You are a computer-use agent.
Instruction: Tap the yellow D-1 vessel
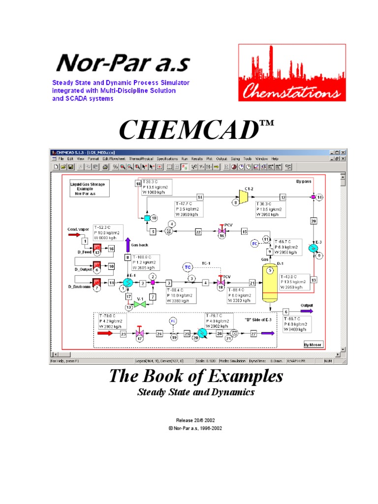(269, 282)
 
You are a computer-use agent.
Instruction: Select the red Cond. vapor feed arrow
(75, 234)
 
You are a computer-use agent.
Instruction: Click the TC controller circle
(188, 267)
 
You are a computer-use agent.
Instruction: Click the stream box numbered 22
(198, 231)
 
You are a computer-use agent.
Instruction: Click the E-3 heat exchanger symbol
(313, 248)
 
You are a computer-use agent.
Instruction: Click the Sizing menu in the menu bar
(235, 159)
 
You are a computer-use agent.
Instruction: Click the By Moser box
(313, 345)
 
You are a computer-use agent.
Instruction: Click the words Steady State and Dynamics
(195, 393)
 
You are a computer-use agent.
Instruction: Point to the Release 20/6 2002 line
(195, 421)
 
